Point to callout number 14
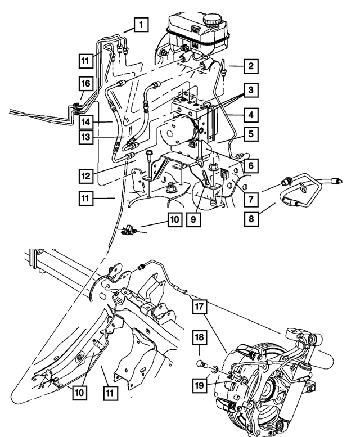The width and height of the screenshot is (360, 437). (x=85, y=121)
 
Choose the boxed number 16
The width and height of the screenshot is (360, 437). (x=85, y=83)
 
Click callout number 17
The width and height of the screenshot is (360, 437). (x=200, y=307)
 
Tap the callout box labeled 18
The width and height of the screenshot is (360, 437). (x=200, y=337)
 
